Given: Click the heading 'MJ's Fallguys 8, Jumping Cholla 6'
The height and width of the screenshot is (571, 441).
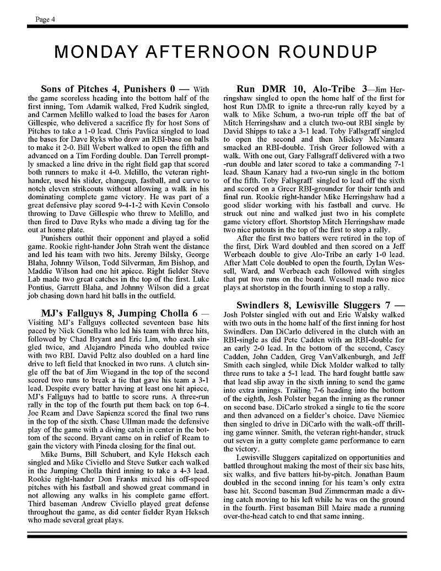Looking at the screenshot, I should [109, 313].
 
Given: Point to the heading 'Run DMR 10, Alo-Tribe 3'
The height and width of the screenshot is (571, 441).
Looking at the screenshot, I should [302, 89].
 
